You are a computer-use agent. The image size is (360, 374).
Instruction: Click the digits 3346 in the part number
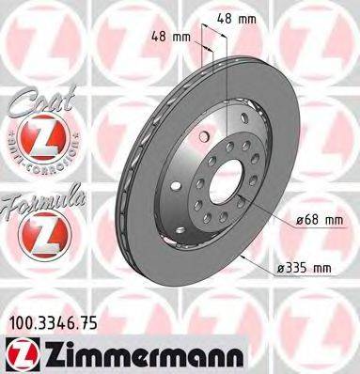tap(58, 322)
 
